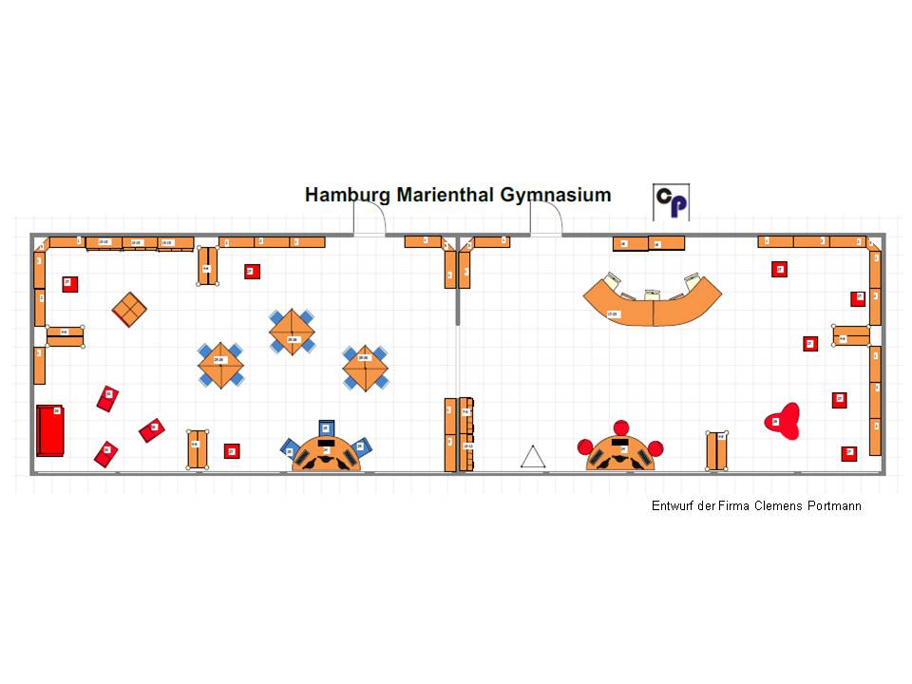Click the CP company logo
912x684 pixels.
coord(672,202)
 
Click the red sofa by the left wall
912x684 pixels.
coord(50,430)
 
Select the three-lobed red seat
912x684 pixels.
coord(784,421)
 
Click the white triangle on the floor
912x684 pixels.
coord(533,458)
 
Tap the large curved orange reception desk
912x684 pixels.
coord(652,304)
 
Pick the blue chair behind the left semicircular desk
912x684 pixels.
coord(327,428)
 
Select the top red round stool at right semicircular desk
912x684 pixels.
coord(622,428)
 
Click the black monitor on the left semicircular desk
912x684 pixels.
coord(327,443)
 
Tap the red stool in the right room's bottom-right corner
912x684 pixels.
coord(848,453)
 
